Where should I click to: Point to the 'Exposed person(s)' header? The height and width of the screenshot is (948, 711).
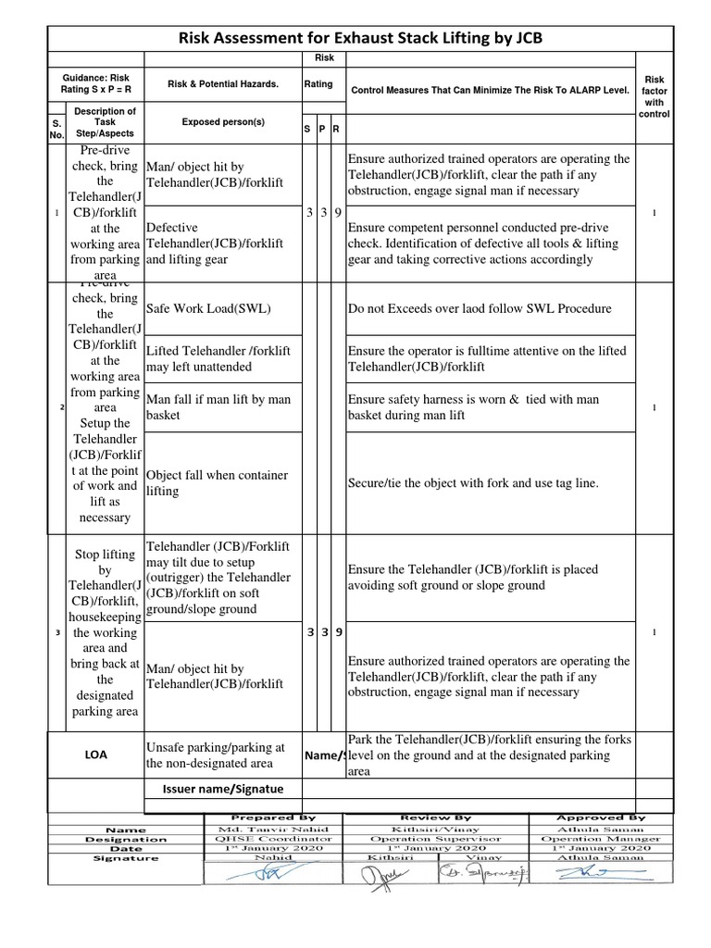[222, 121]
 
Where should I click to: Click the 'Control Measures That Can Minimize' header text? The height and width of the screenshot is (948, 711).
[491, 90]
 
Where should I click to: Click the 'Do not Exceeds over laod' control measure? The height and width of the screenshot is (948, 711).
[479, 308]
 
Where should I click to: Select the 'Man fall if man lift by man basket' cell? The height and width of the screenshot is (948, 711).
[218, 407]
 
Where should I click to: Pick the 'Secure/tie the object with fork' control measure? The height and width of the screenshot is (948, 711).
[473, 483]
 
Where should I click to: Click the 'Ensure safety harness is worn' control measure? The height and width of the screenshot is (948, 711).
[473, 407]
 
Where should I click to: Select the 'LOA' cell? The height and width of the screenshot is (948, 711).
[95, 755]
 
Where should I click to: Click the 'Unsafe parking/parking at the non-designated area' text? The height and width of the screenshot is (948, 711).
[216, 755]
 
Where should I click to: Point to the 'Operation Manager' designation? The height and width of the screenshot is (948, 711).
[600, 839]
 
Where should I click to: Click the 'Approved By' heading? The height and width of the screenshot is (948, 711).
[600, 817]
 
